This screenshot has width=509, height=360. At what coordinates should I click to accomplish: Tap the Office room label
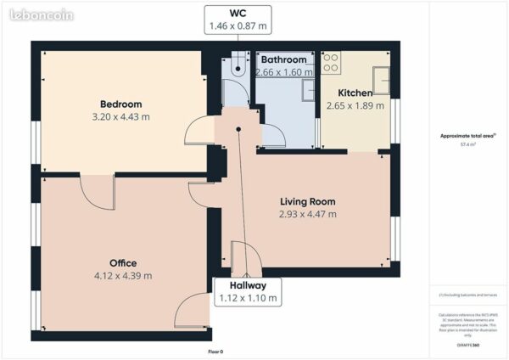tap(123, 263)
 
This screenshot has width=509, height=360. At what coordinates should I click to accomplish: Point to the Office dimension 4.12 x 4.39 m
tap(123, 275)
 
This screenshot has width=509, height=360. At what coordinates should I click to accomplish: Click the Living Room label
tap(308, 202)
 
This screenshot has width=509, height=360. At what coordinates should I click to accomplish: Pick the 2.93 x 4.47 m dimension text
tap(308, 214)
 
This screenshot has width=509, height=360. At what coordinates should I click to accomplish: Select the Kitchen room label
tap(355, 93)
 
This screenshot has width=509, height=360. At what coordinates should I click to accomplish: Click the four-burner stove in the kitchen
tap(330, 62)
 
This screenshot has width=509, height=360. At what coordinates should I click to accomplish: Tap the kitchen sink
tap(382, 79)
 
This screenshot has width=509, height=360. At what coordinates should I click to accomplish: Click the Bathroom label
tap(283, 60)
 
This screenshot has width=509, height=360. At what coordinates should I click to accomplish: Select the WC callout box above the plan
tap(238, 20)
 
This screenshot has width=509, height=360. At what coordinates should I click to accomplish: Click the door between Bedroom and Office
tap(97, 192)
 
